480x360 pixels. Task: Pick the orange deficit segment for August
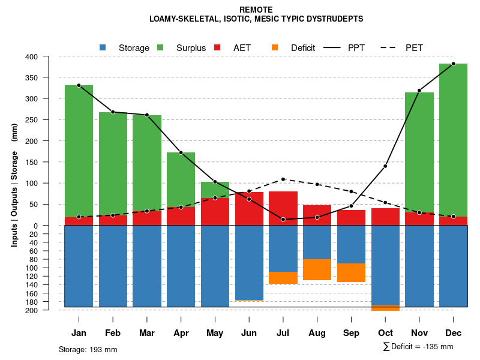pyautogui.click(x=317, y=269)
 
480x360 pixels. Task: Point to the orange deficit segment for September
pyautogui.click(x=351, y=272)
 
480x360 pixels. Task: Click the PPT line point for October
pyautogui.click(x=385, y=166)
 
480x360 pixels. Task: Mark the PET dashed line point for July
pyautogui.click(x=283, y=179)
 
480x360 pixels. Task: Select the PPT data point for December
pyautogui.click(x=453, y=64)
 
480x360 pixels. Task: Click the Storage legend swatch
pyautogui.click(x=103, y=47)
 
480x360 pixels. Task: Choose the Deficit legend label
pyautogui.click(x=303, y=48)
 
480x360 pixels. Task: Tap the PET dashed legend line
pyautogui.click(x=389, y=47)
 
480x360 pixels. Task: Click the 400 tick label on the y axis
pyautogui.click(x=48, y=56)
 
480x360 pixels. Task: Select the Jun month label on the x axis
pyautogui.click(x=249, y=333)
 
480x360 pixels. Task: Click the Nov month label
pyautogui.click(x=419, y=333)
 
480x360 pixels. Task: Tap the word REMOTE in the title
pyautogui.click(x=256, y=10)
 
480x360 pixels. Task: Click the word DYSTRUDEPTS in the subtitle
pyautogui.click(x=334, y=19)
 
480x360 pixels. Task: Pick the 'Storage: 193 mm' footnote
pyautogui.click(x=88, y=349)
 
